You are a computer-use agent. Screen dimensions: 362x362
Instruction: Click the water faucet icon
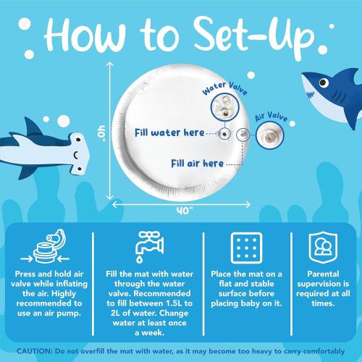tap(150, 247)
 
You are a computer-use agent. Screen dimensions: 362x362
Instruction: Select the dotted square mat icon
tap(246, 248)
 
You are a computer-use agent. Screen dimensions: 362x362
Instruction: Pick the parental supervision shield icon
tap(323, 248)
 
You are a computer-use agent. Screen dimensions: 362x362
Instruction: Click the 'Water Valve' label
tap(225, 88)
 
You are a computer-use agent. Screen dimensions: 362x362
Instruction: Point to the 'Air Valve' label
tap(271, 117)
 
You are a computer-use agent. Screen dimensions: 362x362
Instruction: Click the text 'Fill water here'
tap(169, 132)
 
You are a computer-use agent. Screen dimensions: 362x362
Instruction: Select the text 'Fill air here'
tap(197, 164)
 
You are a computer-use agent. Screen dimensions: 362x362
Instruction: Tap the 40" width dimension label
tap(185, 211)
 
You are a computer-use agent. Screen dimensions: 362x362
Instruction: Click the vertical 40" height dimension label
tap(101, 133)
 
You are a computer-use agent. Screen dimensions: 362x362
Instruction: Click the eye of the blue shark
tap(324, 83)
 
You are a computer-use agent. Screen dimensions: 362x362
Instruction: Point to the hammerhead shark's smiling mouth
tap(76, 155)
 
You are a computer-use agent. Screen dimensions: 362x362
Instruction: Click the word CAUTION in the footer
tap(35, 351)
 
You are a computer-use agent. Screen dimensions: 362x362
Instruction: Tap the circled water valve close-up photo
tap(225, 108)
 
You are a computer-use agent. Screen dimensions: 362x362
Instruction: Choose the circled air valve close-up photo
tap(270, 135)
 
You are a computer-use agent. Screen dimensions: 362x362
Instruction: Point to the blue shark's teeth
tap(311, 94)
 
